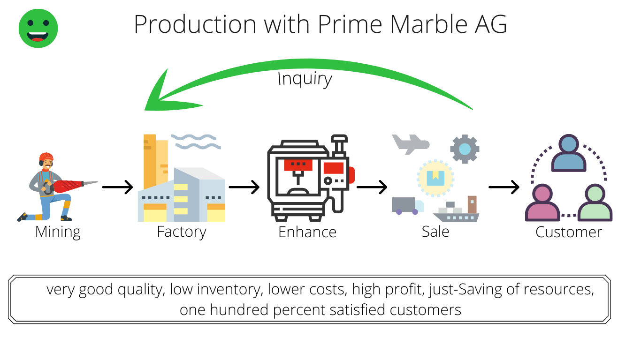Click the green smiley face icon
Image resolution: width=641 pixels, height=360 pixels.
38,28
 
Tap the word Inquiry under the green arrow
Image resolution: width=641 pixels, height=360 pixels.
305,79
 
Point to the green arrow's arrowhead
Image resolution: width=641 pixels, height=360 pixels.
169,94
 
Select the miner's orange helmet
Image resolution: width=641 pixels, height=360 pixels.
46,157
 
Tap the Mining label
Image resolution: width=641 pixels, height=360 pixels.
58,232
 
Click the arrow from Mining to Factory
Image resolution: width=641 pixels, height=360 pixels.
118,187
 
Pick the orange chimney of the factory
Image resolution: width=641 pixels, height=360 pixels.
150,162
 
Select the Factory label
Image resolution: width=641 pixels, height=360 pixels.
182,232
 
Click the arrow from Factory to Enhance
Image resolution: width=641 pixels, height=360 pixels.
244,187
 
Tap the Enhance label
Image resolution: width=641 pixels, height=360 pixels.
307,232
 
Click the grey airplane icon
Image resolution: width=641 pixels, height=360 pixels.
411,144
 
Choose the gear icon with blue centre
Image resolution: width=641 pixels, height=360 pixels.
465,149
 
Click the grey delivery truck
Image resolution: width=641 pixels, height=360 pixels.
407,206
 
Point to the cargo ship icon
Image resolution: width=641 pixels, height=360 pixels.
456,210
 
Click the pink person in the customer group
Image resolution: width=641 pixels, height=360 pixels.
542,202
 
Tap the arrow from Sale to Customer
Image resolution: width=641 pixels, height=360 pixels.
504,187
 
